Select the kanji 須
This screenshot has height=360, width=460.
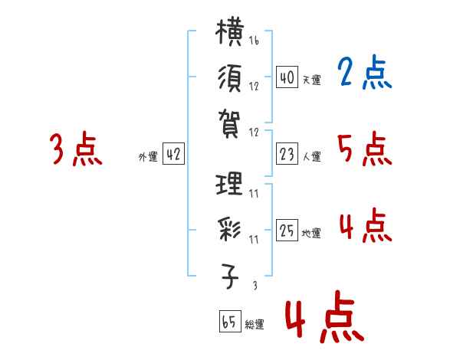[230, 79]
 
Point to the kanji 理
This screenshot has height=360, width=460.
[230, 186]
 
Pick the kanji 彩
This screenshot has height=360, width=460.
[230, 230]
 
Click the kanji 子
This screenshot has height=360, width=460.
[231, 275]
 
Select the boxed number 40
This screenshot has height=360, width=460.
[287, 77]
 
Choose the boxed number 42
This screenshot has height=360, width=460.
[173, 155]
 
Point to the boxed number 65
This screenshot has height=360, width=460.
[229, 322]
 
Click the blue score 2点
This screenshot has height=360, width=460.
[364, 74]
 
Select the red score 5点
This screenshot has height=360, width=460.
[364, 149]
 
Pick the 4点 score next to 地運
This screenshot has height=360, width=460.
[364, 226]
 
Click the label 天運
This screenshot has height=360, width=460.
[311, 80]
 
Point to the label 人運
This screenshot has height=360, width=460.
[311, 157]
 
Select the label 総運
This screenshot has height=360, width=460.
[255, 325]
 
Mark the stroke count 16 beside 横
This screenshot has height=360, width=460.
[254, 41]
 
